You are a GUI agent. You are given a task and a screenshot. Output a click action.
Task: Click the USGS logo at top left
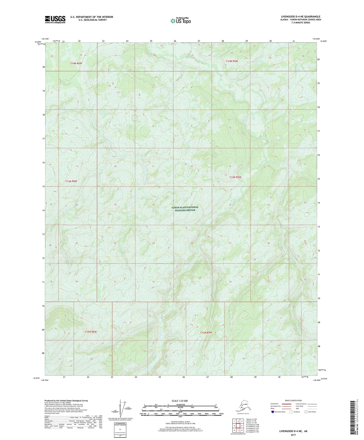[55, 19]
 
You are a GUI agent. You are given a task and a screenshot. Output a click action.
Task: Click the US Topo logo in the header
[180, 20]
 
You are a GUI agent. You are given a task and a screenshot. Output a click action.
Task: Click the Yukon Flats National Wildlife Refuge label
[185, 209]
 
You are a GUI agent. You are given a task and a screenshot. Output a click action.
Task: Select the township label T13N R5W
[235, 177]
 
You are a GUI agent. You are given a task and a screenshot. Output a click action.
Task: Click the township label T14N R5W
[232, 61]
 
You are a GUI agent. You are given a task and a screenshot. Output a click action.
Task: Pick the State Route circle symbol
[306, 412]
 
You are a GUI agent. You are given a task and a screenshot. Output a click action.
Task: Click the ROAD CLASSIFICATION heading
[293, 400]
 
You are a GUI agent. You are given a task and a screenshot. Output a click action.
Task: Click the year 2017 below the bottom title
[293, 435]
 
